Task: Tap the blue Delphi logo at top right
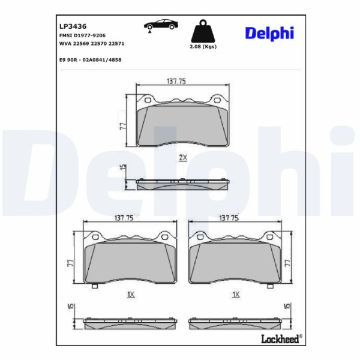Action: pos(269,33)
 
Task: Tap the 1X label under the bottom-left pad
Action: pos(130,295)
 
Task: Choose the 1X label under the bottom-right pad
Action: pos(236,295)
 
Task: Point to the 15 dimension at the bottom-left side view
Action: pos(70,308)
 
